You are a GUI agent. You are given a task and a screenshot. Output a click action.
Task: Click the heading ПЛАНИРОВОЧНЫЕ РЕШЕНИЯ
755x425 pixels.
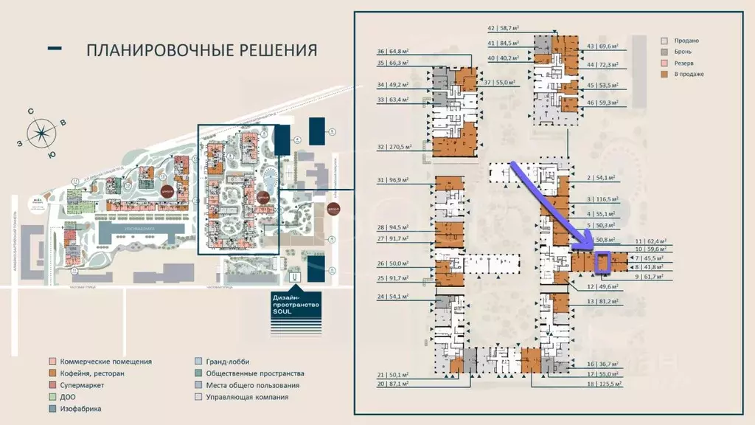tap(201, 50)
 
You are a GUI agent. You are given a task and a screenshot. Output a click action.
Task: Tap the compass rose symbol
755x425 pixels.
tap(42, 133)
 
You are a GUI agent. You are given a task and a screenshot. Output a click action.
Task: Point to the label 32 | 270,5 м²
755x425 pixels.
tap(403, 147)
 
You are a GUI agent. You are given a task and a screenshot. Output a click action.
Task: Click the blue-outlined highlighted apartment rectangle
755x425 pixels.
tap(602, 262)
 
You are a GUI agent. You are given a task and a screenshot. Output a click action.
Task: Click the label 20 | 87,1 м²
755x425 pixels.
tap(403, 384)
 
